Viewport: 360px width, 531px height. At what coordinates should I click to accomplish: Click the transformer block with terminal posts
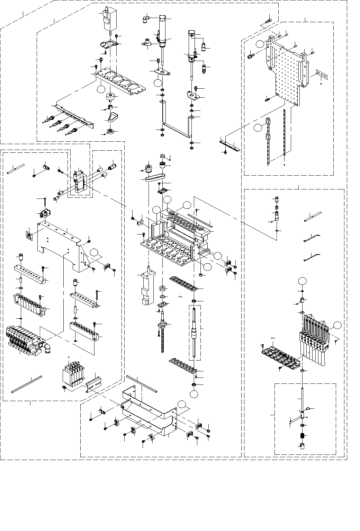(x=72, y=374)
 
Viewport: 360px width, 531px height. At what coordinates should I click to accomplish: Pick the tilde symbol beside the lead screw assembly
(x=180, y=297)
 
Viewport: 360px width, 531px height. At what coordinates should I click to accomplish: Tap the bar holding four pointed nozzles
(x=71, y=116)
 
